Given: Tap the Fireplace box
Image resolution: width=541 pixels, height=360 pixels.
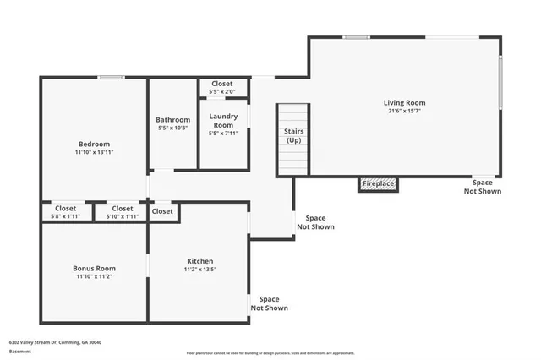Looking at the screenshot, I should tap(378, 183).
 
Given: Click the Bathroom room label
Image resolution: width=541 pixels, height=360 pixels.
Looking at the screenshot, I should tap(173, 120).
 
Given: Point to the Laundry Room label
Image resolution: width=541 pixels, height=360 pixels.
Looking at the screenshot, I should tap(223, 121).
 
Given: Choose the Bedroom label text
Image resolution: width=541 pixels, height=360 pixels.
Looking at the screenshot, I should tap(95, 144).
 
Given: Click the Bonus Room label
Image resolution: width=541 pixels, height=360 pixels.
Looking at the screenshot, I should tap(95, 268).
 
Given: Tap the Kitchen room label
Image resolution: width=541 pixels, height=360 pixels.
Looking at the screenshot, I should tap(199, 261).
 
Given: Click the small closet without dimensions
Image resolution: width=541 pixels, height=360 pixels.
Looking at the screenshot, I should tap(162, 211).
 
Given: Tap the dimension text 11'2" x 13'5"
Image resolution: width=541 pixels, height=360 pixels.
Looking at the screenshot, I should tap(199, 270).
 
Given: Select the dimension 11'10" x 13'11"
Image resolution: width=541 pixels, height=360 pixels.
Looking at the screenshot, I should tap(95, 152).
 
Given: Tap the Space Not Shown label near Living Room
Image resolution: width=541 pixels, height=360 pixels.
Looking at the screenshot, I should tap(482, 187).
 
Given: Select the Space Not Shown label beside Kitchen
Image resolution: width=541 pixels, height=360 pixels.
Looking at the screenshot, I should tap(269, 303).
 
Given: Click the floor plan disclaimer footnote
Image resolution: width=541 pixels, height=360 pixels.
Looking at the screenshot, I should tap(270, 352).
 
